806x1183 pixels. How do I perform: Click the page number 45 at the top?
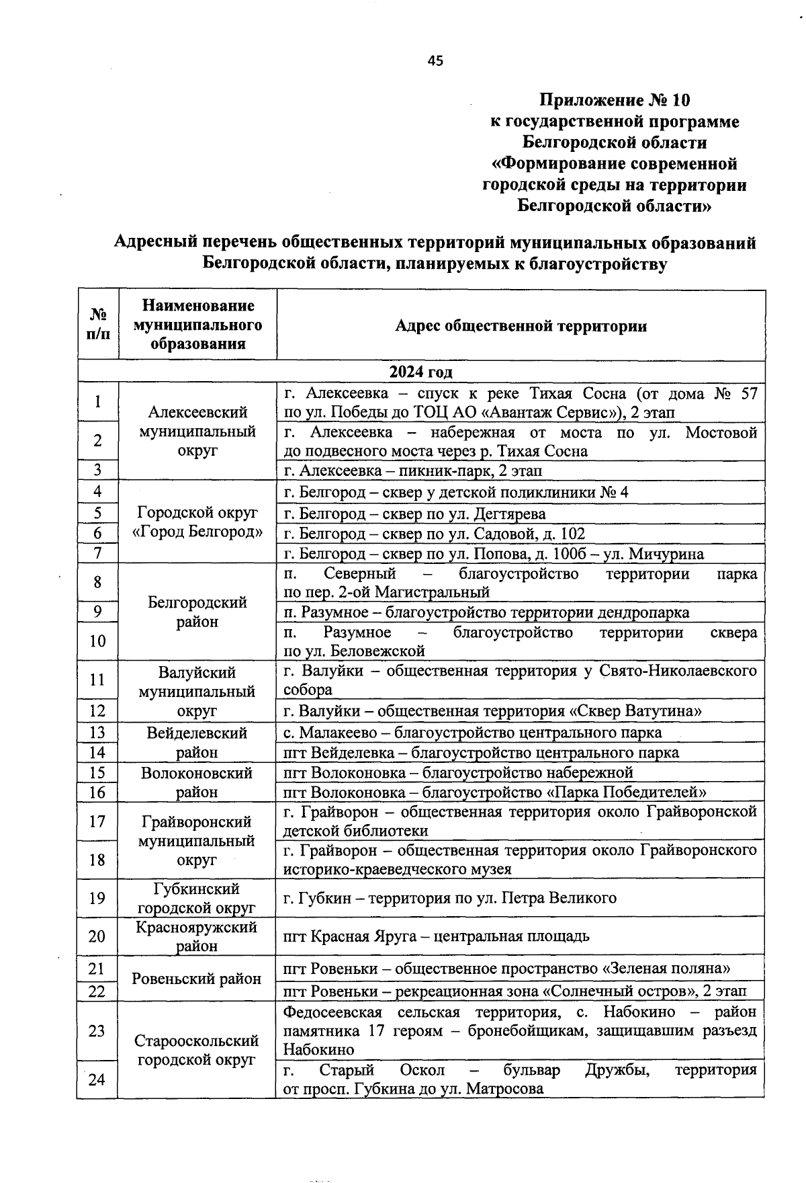pos(435,61)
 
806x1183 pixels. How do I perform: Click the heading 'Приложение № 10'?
pos(614,101)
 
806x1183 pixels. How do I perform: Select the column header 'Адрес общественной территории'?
pos(521,326)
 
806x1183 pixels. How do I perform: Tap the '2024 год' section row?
pos(421,372)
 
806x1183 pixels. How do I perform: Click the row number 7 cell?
pos(97,553)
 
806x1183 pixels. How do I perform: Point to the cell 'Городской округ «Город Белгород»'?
pos(197,522)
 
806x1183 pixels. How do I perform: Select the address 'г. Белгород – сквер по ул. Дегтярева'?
pos(414,514)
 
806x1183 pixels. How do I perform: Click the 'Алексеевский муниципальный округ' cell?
pos(197,431)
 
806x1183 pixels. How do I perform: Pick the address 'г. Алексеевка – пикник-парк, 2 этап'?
pos(412,471)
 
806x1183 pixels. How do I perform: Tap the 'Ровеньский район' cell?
pos(196,979)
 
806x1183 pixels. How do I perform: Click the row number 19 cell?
pos(97,897)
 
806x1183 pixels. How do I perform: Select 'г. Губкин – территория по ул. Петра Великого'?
pos(449,897)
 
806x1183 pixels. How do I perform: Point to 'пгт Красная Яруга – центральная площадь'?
pos(436,936)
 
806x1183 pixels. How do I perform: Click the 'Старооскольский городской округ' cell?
pos(196,1050)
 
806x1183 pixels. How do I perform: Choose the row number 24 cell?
pos(97,1079)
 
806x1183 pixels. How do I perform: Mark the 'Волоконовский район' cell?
pos(196,782)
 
